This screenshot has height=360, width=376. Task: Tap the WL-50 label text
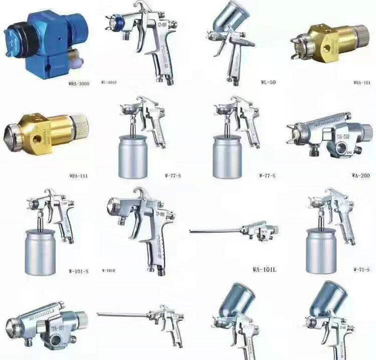click(269, 82)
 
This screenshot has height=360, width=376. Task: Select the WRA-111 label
click(78, 176)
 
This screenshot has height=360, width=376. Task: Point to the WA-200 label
click(360, 176)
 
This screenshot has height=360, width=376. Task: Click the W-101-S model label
click(78, 271)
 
